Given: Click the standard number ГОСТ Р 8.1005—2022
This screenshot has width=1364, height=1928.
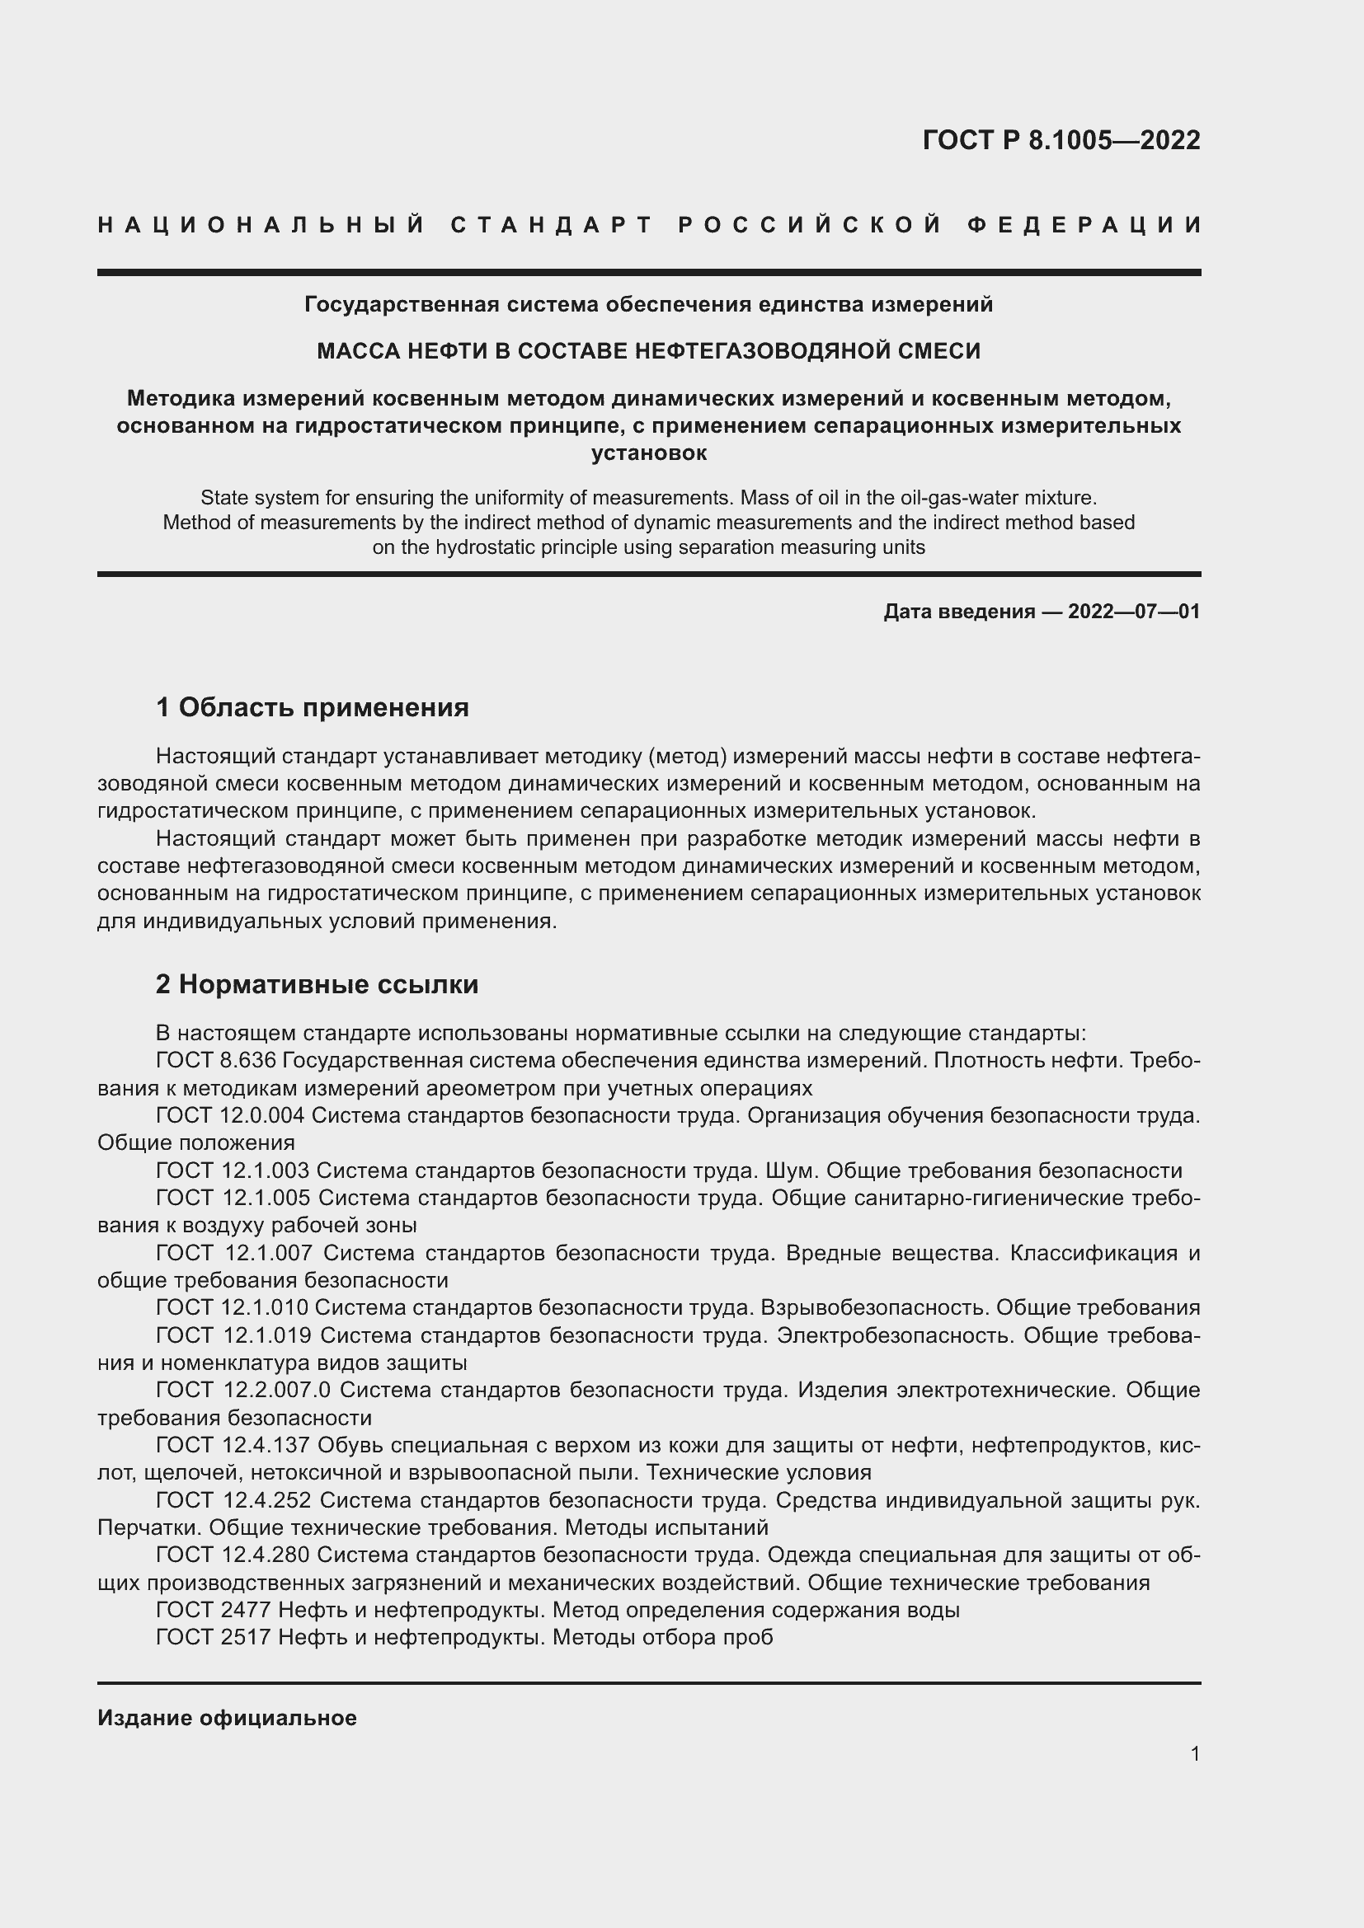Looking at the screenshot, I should click(x=1061, y=140).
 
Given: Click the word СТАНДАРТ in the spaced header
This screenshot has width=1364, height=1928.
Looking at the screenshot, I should click(x=551, y=225).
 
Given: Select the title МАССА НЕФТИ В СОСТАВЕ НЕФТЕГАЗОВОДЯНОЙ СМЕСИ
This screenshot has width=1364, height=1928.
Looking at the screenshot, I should click(x=648, y=351).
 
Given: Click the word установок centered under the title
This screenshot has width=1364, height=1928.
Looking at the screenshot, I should click(x=648, y=453).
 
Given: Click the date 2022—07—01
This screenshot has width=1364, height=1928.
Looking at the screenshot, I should click(x=1134, y=612).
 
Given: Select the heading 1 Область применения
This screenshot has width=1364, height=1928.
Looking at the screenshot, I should click(x=312, y=707).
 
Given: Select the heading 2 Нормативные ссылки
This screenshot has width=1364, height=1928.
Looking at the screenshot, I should click(x=317, y=983).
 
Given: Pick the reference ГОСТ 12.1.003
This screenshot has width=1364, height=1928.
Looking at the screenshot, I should click(x=233, y=1170).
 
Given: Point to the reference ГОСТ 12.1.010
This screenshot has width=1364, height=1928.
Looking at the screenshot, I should click(x=233, y=1307).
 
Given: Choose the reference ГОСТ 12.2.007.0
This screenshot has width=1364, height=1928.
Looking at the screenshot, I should click(x=243, y=1390).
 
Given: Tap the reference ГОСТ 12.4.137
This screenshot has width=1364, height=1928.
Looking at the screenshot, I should click(x=233, y=1445).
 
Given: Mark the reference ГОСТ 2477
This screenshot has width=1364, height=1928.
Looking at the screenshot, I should click(x=214, y=1610).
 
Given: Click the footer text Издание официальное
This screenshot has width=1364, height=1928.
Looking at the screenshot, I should click(x=227, y=1718).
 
